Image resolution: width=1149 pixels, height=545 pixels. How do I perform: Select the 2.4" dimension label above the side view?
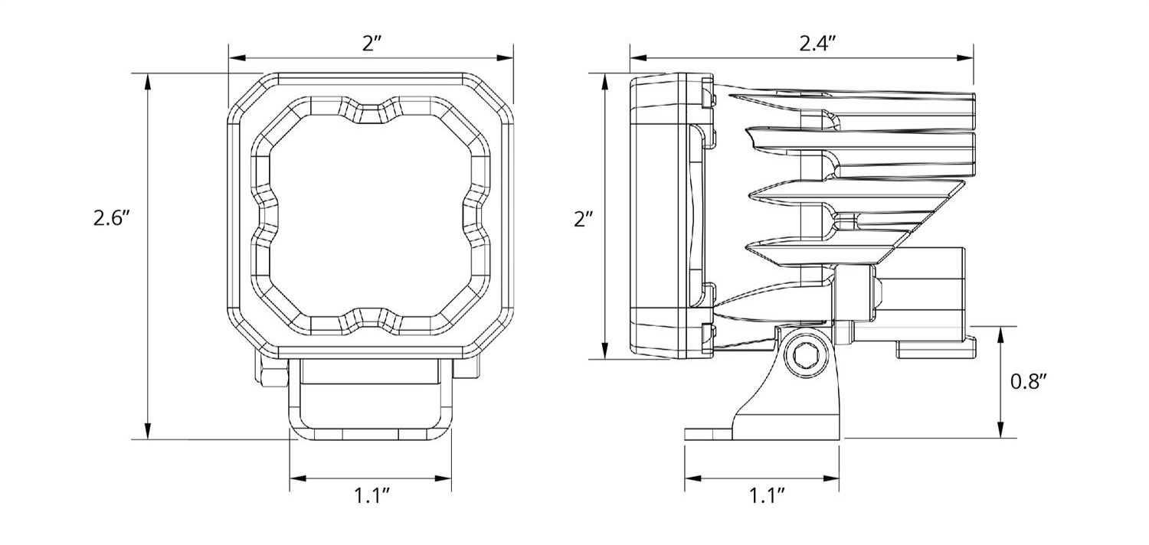click(816, 43)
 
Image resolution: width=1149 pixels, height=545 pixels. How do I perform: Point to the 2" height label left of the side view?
click(584, 220)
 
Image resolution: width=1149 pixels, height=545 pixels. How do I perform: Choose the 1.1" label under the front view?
click(372, 496)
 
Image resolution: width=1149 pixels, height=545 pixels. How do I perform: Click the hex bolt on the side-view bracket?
click(804, 354)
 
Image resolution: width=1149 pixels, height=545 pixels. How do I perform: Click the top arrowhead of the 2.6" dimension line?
click(148, 79)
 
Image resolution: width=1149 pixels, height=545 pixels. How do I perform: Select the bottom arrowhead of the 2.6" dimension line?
click(148, 433)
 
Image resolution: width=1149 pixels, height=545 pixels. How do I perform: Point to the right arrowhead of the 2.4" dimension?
click(967, 57)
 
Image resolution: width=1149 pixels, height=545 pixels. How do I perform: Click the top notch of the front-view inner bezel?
click(372, 112)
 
